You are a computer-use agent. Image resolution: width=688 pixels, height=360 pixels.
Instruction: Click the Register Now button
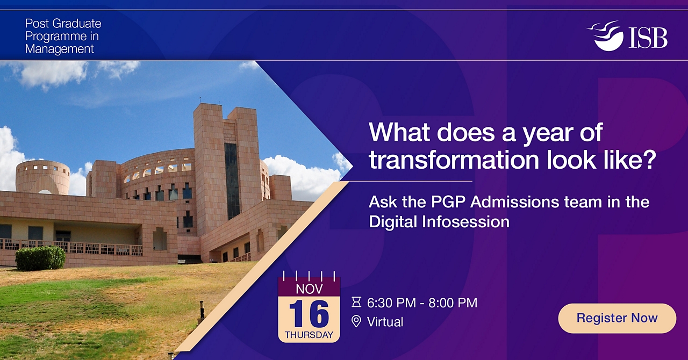tap(617, 318)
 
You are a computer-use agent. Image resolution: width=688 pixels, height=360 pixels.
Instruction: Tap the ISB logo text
tap(648, 38)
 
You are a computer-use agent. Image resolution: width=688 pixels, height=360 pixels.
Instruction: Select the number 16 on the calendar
tap(309, 314)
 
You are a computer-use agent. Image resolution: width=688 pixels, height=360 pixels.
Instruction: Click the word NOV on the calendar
tap(309, 289)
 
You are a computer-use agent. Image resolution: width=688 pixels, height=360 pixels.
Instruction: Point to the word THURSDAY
tap(309, 335)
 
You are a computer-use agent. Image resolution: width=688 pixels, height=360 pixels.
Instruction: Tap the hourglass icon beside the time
tap(356, 303)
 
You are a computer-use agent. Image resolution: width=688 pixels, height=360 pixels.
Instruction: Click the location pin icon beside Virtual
tap(356, 322)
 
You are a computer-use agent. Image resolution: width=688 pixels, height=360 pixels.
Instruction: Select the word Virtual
tap(385, 322)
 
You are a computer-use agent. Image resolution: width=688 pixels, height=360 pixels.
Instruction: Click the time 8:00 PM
tap(453, 303)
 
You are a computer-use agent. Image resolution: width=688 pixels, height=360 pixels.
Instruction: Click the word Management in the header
tap(59, 49)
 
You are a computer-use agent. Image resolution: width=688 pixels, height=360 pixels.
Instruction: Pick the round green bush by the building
tap(40, 258)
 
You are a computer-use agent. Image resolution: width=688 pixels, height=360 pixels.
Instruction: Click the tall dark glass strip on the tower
tap(232, 181)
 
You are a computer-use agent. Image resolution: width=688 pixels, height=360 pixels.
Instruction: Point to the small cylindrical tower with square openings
tap(42, 177)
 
